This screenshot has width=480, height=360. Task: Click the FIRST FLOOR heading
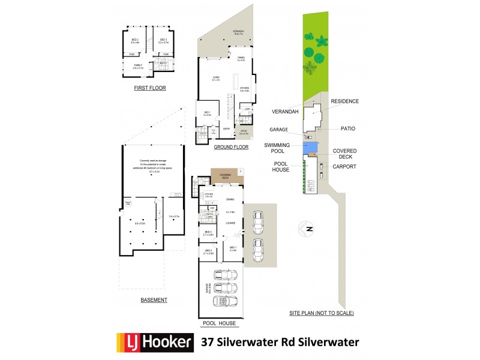pyautogui.click(x=150, y=88)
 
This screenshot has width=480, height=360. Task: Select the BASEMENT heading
pyautogui.click(x=154, y=300)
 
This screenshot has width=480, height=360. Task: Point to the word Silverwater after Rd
pyautogui.click(x=328, y=343)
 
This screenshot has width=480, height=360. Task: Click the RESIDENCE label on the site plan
pyautogui.click(x=344, y=101)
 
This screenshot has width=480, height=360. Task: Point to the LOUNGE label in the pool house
pyautogui.click(x=229, y=223)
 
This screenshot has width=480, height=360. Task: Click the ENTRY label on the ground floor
pyautogui.click(x=227, y=128)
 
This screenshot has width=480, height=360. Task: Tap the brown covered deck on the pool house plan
pyautogui.click(x=225, y=177)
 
